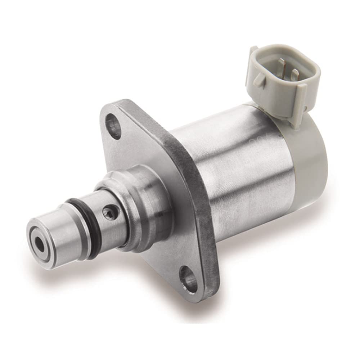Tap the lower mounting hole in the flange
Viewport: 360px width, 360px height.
pos(189,279)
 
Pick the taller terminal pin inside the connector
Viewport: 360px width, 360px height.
pos(281,66)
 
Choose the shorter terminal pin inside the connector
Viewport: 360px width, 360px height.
pos(294,75)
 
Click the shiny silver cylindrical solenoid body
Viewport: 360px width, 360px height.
pos(238,162)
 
